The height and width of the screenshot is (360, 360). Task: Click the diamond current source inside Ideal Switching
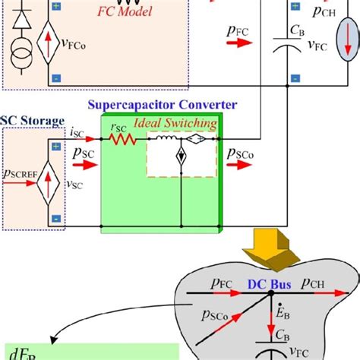tap(182, 160)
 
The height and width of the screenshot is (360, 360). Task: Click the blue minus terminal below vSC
tap(56, 219)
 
